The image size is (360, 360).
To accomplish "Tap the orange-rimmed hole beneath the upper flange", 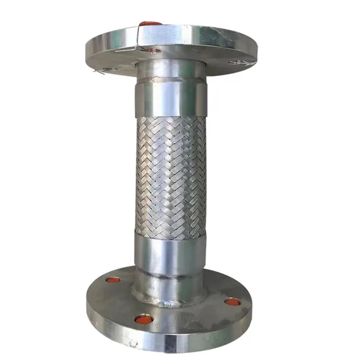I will (x=153, y=50).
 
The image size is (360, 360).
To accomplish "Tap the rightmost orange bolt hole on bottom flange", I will (x=233, y=302).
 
